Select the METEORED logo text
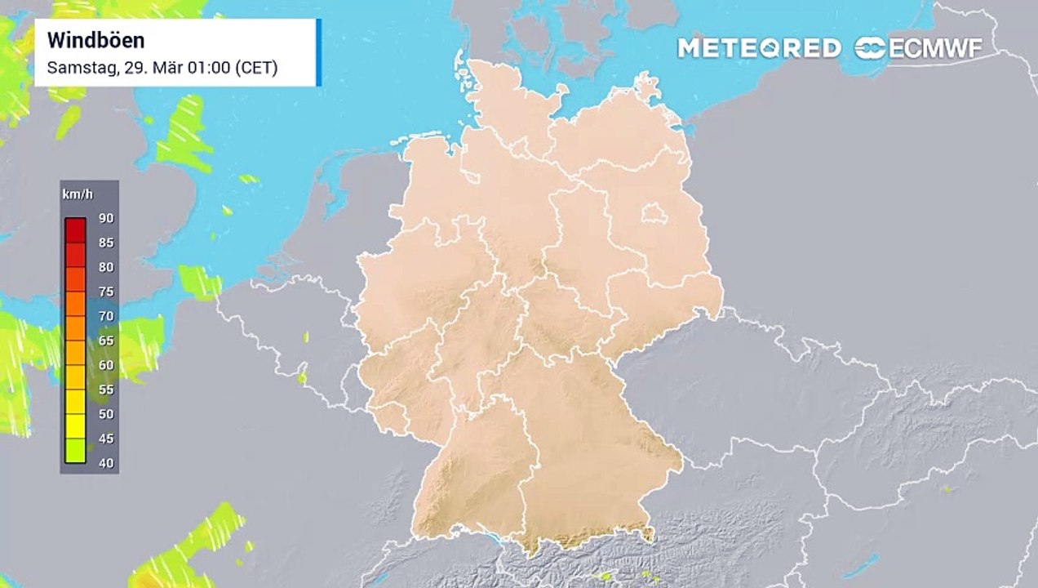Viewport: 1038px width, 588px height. (759, 48)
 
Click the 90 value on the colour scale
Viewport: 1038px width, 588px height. (106, 218)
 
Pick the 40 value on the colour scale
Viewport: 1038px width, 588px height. (106, 463)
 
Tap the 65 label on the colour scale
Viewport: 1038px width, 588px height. (106, 341)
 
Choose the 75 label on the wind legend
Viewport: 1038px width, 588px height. (106, 292)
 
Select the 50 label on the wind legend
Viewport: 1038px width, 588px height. (106, 414)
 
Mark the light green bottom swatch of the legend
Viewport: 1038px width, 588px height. (76, 451)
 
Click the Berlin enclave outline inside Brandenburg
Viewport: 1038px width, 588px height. (653, 215)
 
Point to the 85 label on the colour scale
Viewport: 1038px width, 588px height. (106, 243)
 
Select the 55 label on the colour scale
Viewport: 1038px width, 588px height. (106, 390)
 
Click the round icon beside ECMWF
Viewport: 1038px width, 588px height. (870, 48)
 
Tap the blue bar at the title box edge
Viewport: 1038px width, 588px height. (318, 52)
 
